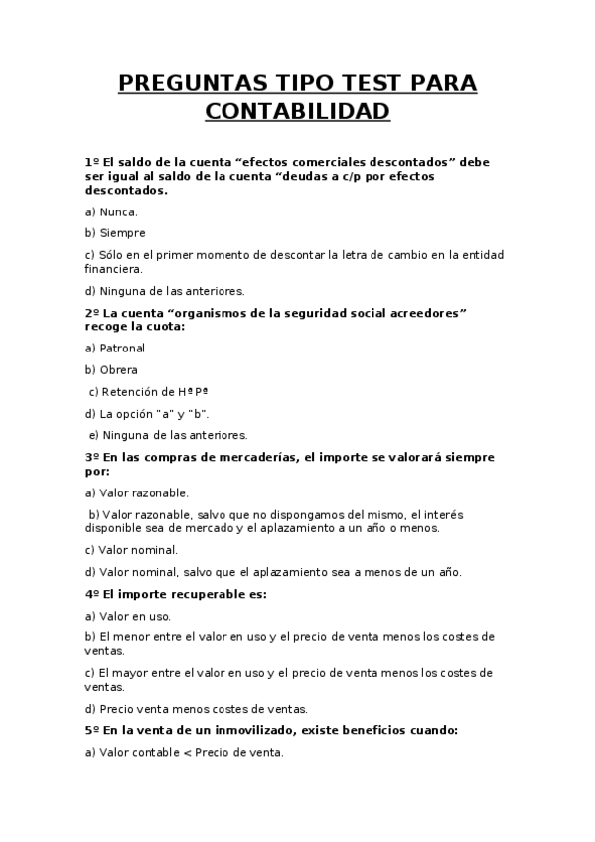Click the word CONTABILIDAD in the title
coord(298,111)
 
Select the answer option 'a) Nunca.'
coord(112,211)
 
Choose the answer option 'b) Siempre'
coord(115,233)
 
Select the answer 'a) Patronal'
coord(115,348)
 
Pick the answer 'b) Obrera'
coord(111,369)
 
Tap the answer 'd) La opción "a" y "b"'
coord(147,413)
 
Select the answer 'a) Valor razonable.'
coord(137,491)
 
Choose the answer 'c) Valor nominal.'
coord(132,549)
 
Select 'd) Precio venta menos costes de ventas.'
coord(197,709)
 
